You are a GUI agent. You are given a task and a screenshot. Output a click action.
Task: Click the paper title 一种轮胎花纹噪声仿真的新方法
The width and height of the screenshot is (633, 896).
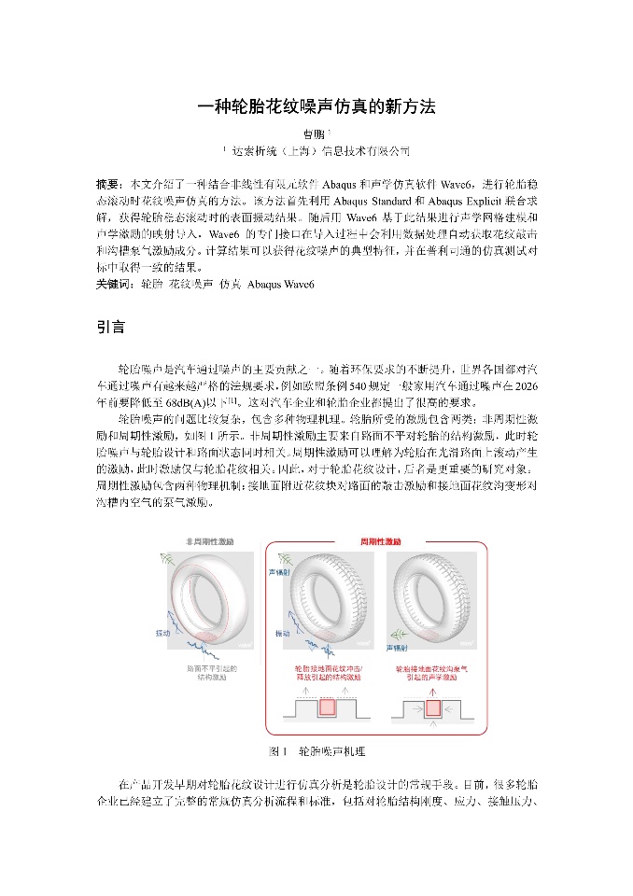point(316,106)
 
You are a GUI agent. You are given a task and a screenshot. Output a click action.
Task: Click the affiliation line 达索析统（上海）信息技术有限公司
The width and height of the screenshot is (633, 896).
point(318,151)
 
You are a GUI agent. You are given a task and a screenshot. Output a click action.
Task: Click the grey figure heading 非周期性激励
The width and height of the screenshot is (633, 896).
point(209,541)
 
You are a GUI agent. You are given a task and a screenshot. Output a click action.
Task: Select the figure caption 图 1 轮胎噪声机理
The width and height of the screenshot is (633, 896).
point(316,750)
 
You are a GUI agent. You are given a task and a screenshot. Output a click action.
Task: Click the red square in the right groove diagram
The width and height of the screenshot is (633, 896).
point(434,707)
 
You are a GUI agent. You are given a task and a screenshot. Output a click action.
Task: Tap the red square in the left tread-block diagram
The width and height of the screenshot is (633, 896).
point(327,707)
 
